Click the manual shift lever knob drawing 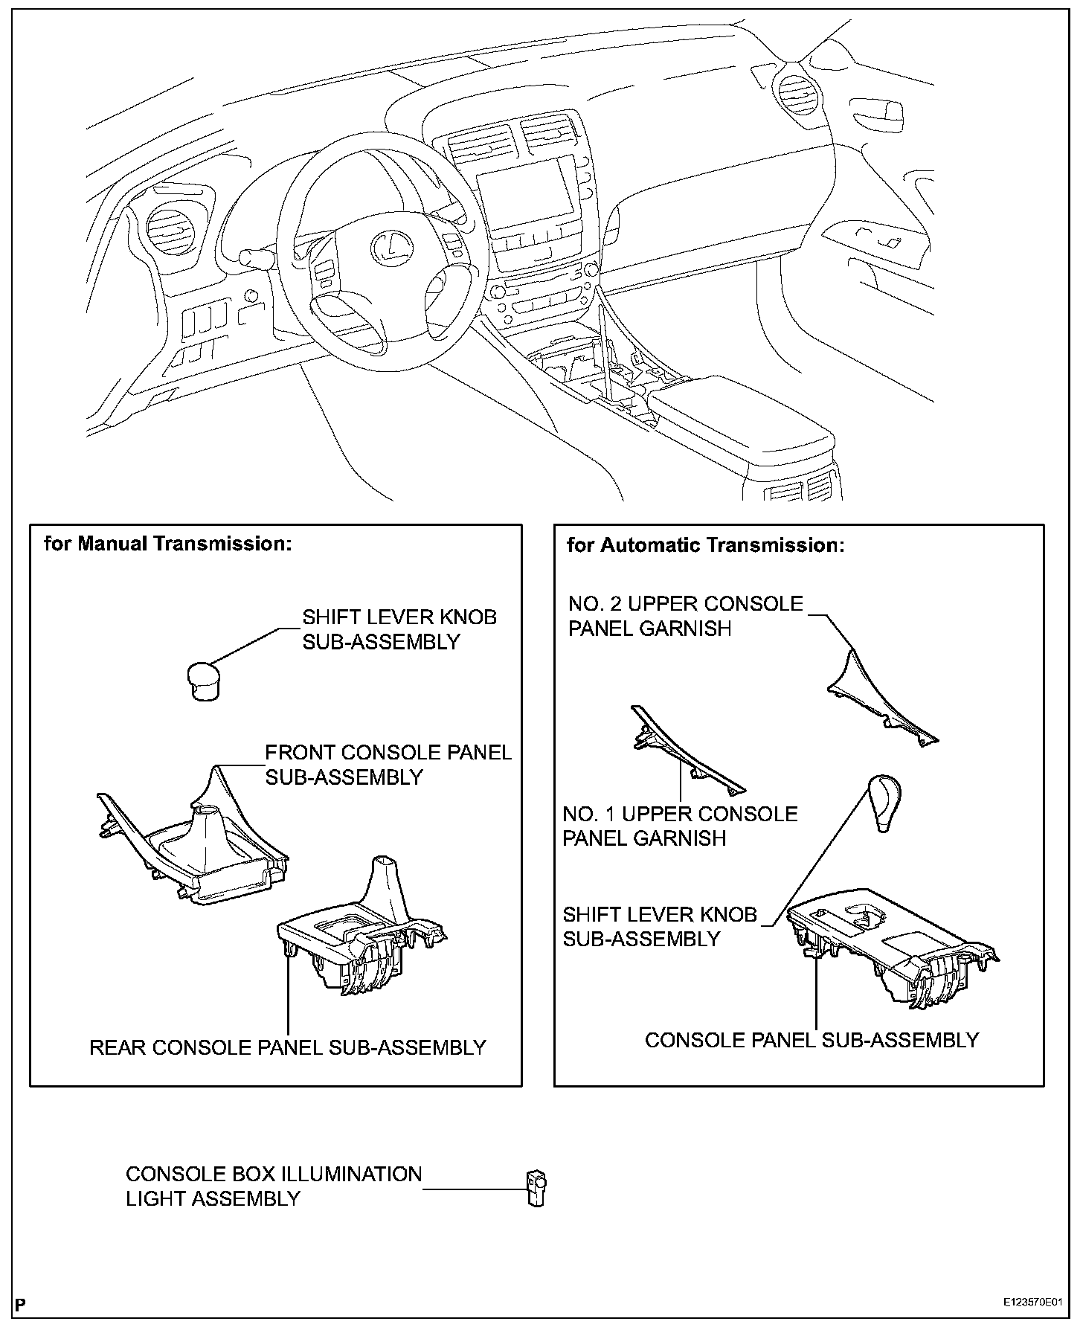click(x=202, y=680)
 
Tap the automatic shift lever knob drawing click(x=883, y=803)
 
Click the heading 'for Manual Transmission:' click(x=167, y=544)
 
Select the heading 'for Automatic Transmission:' click(x=706, y=545)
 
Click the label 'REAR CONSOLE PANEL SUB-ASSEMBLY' click(x=287, y=1047)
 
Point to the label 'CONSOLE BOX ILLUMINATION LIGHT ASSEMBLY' click(x=273, y=1186)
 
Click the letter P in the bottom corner click(x=20, y=1304)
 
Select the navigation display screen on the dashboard click(x=529, y=198)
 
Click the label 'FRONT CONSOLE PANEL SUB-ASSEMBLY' click(x=388, y=765)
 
